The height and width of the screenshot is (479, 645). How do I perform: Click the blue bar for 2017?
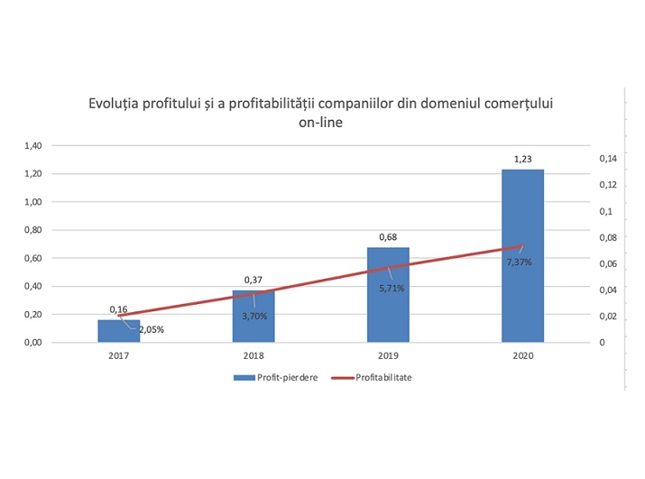[119, 331]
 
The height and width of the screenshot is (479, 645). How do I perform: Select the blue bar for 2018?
[253, 317]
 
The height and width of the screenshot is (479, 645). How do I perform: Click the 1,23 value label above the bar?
[522, 160]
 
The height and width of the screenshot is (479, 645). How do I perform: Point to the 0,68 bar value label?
[388, 238]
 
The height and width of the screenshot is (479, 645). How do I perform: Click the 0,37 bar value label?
[253, 281]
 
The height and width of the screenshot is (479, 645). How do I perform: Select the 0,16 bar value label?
[118, 309]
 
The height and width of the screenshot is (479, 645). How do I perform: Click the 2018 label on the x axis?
[253, 355]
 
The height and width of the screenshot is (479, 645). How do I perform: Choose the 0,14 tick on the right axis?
[607, 159]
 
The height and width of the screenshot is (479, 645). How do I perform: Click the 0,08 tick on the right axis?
[607, 238]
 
